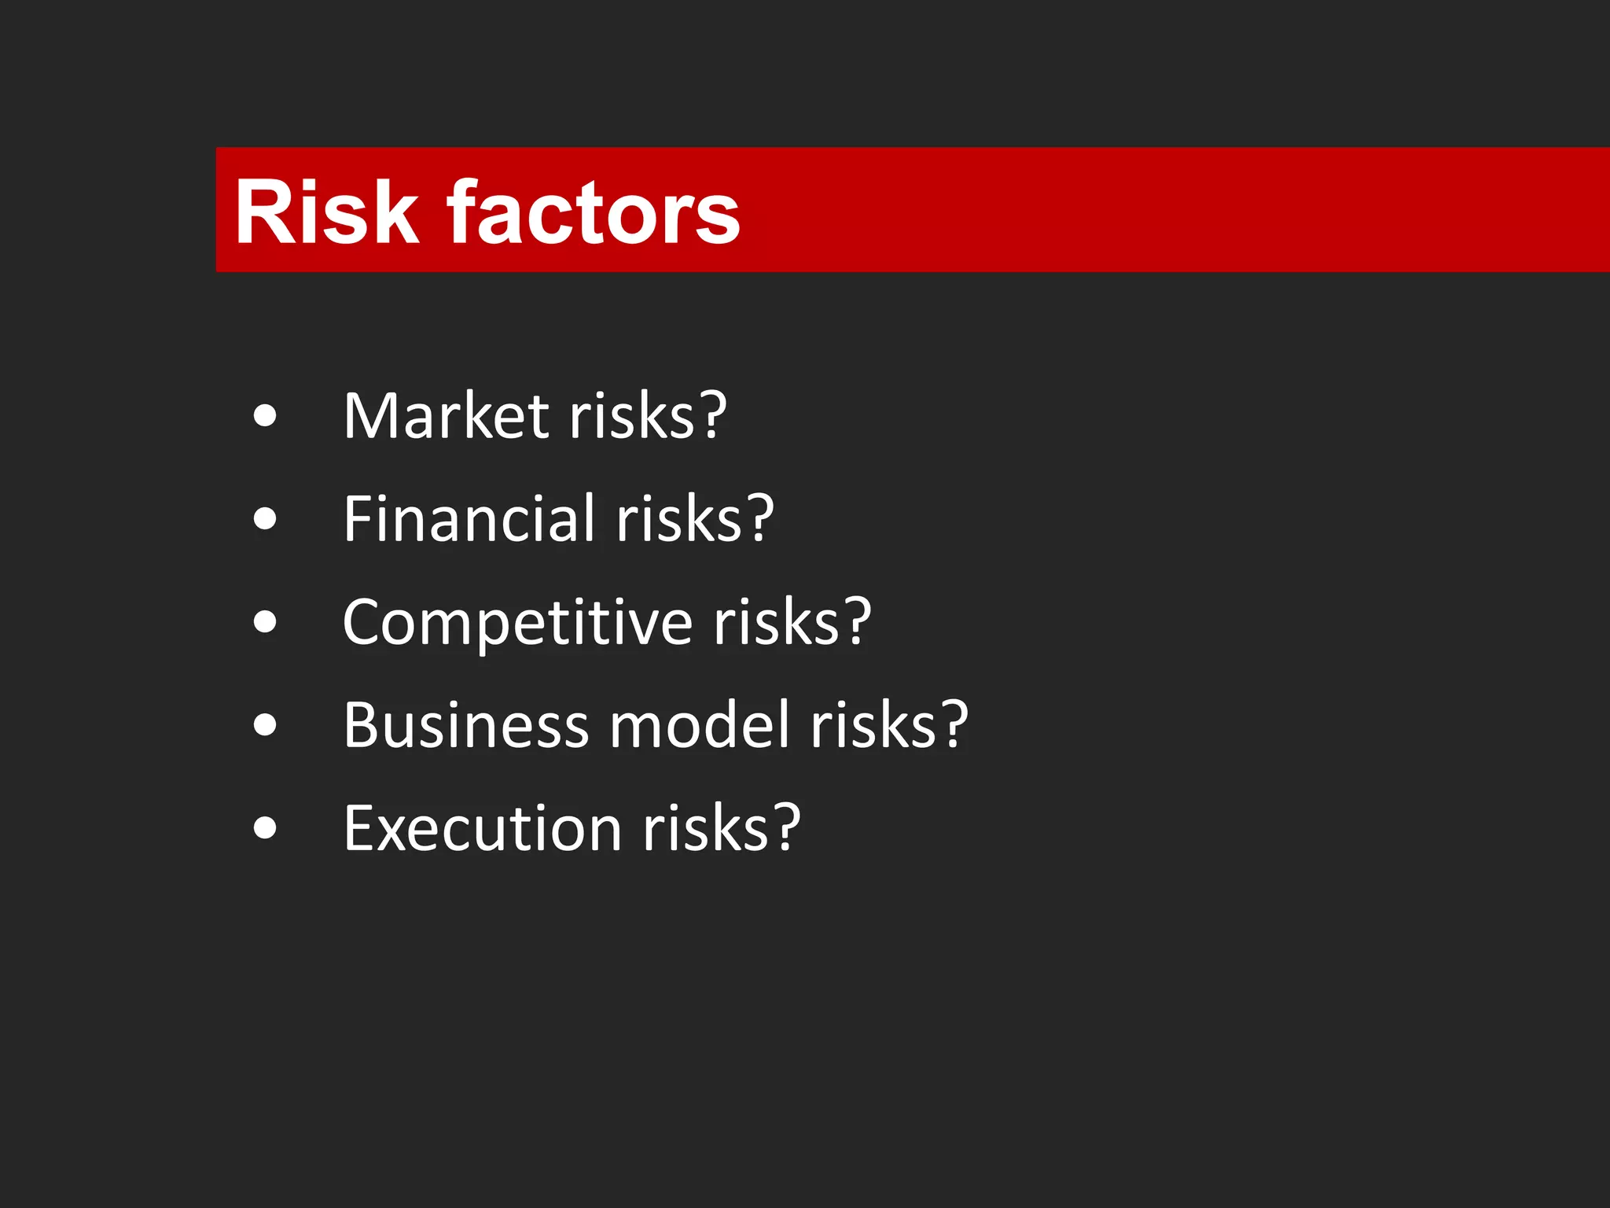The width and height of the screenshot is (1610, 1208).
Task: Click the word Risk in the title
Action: click(326, 212)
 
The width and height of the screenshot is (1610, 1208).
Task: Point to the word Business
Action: click(465, 724)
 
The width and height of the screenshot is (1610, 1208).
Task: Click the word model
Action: click(699, 724)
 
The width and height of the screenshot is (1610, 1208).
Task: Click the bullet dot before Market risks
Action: click(266, 416)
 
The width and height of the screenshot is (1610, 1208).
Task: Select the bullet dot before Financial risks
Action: click(266, 518)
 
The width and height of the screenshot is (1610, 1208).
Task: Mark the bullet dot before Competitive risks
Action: click(266, 622)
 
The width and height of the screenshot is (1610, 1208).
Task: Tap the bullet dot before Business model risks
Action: click(266, 724)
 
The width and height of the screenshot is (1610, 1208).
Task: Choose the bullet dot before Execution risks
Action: click(266, 828)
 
